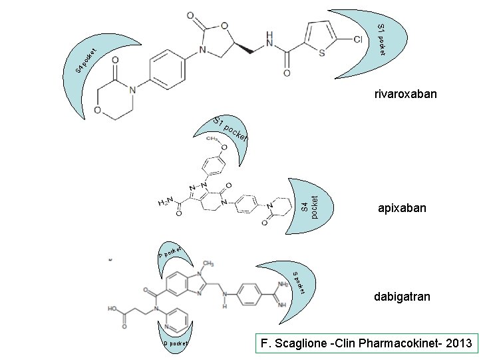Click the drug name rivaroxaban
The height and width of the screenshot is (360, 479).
coord(405,94)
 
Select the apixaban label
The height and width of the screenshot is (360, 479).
coord(401,209)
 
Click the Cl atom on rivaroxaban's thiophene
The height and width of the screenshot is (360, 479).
coord(357,40)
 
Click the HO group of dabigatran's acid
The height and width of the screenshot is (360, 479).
coord(114,309)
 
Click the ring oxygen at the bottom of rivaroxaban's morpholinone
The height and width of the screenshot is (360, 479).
coord(98,109)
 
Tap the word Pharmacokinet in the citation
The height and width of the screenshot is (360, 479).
coord(394,344)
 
